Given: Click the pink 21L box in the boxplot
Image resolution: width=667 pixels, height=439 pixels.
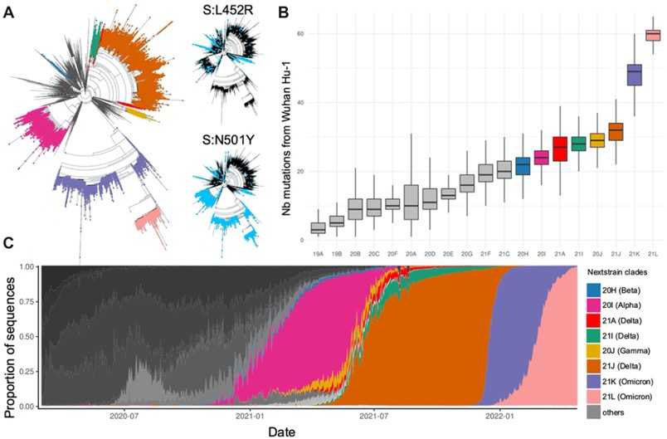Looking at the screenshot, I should [652, 34].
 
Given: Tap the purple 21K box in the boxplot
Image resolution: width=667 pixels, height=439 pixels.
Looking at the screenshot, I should [634, 75].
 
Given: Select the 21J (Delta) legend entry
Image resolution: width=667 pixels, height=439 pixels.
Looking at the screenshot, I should [623, 363].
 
